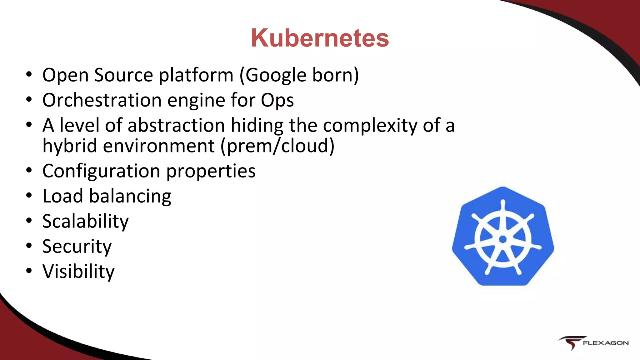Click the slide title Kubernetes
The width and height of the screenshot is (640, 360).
pyautogui.click(x=320, y=38)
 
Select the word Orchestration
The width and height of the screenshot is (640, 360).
pyautogui.click(x=102, y=100)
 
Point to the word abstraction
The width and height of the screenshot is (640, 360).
pyautogui.click(x=176, y=125)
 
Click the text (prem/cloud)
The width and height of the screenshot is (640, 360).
pyautogui.click(x=277, y=146)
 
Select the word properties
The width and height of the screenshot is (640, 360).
pyautogui.click(x=211, y=172)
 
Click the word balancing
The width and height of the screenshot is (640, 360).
pyautogui.click(x=130, y=197)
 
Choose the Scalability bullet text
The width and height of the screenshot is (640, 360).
pyautogui.click(x=85, y=222)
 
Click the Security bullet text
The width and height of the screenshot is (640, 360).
pyautogui.click(x=77, y=247)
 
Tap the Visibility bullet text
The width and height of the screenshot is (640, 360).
pyautogui.click(x=78, y=271)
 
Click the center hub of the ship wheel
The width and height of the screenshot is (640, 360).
pyautogui.click(x=503, y=239)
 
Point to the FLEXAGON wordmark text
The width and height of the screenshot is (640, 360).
pyautogui.click(x=606, y=343)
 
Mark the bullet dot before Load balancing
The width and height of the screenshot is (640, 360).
pyautogui.click(x=29, y=196)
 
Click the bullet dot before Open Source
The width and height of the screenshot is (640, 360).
pyautogui.click(x=29, y=75)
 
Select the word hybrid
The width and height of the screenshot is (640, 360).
pyautogui.click(x=70, y=146)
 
